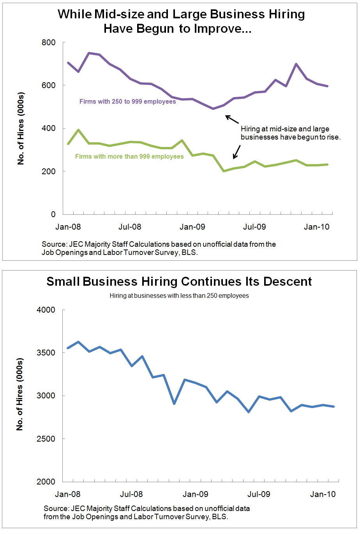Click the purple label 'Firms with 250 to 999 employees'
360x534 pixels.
pyautogui.click(x=127, y=101)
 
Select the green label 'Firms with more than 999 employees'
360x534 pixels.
pyautogui.click(x=129, y=156)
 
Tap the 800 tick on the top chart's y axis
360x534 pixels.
pyautogui.click(x=48, y=42)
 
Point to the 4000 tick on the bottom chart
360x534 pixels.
pyautogui.click(x=46, y=310)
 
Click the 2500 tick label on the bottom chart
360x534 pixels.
pyautogui.click(x=46, y=439)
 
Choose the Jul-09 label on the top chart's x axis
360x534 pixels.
pyautogui.click(x=254, y=227)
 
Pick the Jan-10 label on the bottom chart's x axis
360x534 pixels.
pyautogui.click(x=323, y=494)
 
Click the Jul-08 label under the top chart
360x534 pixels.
pyautogui.click(x=130, y=227)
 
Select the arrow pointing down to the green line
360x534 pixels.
pyautogui.click(x=236, y=152)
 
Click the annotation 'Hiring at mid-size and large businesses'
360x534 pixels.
pyautogui.click(x=290, y=133)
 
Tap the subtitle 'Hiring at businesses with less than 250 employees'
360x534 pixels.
pyautogui.click(x=179, y=296)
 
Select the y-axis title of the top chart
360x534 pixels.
pyautogui.click(x=21, y=129)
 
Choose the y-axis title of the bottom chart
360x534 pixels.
pyautogui.click(x=19, y=394)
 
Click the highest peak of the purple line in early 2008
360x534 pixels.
pyautogui.click(x=89, y=53)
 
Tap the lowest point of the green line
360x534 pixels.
pyautogui.click(x=224, y=171)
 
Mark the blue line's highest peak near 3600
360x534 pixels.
pyautogui.click(x=78, y=342)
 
